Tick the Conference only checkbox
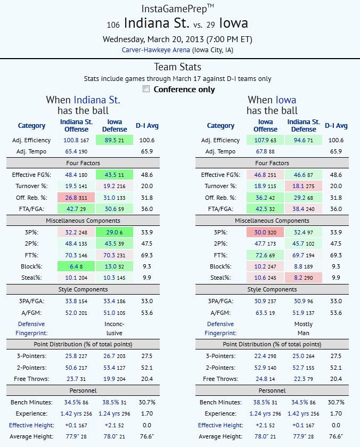coord(146,89)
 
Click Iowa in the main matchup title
coord(233,24)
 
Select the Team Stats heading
coord(179,67)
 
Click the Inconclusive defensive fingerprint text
coord(114,328)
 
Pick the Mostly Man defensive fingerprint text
coord(304,328)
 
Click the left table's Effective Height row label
coord(32,425)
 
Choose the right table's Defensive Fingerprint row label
coord(220,328)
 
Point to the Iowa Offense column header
coord(265,125)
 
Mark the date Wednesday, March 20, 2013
coord(179,39)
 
